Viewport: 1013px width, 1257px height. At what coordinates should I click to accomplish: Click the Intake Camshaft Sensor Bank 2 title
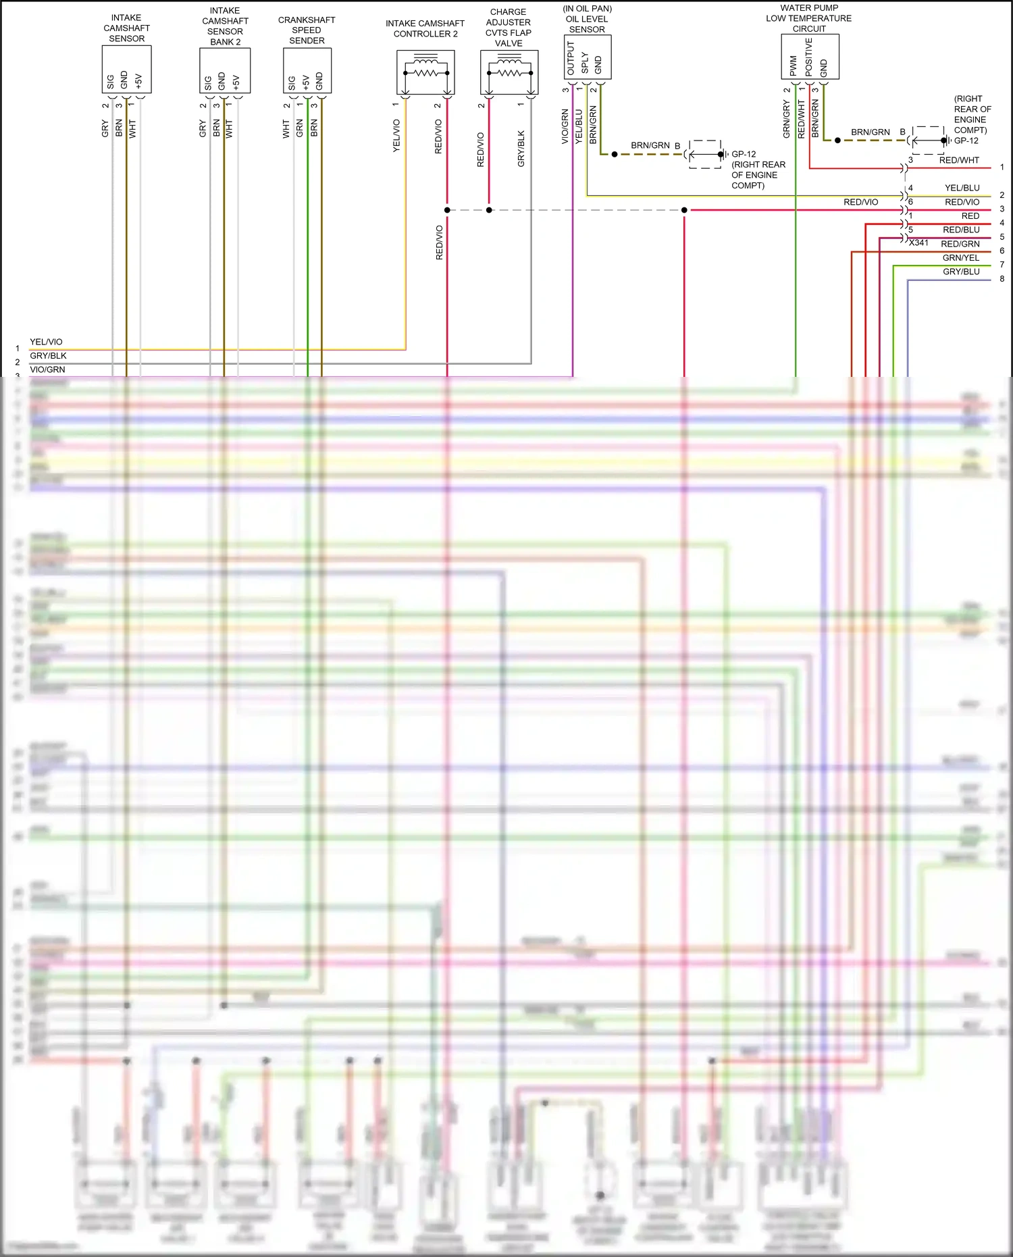[225, 26]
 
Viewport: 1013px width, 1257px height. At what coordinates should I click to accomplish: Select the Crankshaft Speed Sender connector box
[307, 71]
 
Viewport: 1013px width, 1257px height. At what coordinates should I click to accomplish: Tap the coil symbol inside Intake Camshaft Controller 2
[425, 72]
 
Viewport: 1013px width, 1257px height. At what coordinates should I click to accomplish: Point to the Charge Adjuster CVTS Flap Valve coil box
[509, 72]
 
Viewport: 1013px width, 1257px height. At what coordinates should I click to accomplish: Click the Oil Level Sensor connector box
[588, 57]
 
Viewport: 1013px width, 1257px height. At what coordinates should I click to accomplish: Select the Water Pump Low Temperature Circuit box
[810, 57]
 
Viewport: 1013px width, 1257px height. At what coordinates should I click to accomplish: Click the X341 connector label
[918, 243]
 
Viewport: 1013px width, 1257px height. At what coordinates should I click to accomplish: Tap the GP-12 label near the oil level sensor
[744, 154]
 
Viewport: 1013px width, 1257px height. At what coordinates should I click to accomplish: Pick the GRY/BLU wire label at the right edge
[961, 272]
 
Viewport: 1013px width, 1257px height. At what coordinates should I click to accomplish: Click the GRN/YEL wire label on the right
[961, 258]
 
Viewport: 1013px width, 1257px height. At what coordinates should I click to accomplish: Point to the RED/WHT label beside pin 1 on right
[959, 160]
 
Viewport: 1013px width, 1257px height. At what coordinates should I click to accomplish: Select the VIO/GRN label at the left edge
[47, 369]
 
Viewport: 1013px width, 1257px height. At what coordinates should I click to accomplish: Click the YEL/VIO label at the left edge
[46, 342]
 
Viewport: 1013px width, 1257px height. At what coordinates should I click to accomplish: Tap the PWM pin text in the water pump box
[793, 66]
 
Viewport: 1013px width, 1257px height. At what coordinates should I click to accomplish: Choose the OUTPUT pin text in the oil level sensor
[571, 59]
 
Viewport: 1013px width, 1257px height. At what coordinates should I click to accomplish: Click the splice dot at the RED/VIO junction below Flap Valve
[489, 210]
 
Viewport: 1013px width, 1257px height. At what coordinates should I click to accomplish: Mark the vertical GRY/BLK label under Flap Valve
[521, 149]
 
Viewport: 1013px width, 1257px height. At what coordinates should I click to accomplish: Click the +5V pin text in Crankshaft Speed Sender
[306, 82]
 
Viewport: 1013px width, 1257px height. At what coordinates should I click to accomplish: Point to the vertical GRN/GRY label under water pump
[786, 120]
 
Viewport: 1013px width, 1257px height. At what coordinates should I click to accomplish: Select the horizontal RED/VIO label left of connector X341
[860, 202]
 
